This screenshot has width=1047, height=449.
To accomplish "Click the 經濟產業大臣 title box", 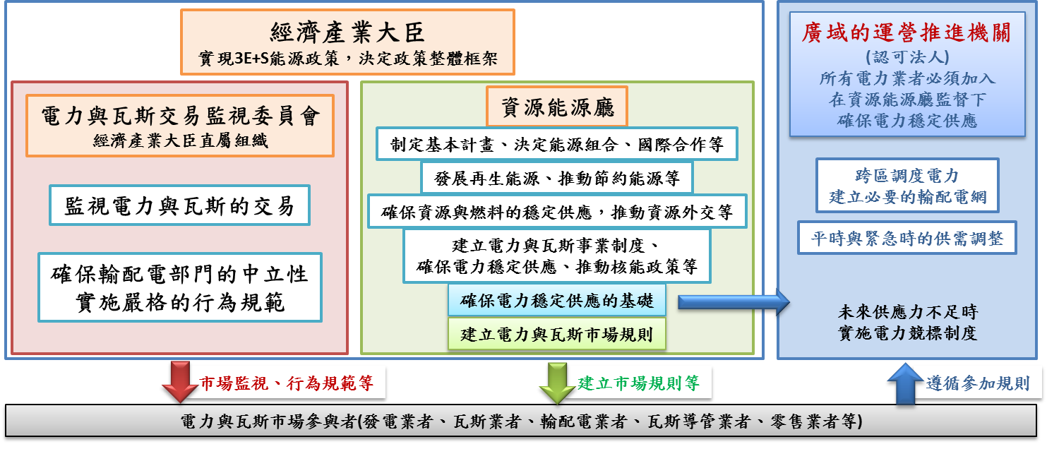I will (x=347, y=42).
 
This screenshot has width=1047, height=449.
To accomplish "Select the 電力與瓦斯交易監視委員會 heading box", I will (x=180, y=125).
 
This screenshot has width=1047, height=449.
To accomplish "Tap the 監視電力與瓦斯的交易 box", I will (x=179, y=205).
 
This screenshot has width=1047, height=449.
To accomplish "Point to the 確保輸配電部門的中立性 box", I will (x=179, y=287).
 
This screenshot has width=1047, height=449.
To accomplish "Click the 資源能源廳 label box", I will (x=557, y=107).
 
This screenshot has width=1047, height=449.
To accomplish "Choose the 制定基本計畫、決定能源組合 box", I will (x=556, y=144).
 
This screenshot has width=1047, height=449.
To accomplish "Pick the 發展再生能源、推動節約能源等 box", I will (x=556, y=178).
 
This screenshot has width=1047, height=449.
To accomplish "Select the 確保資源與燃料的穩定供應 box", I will (x=557, y=212).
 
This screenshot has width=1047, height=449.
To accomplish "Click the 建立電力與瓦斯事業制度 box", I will (x=556, y=256).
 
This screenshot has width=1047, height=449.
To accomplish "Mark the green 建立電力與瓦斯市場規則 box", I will (x=556, y=334).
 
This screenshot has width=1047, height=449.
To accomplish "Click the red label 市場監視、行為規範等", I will (x=286, y=384).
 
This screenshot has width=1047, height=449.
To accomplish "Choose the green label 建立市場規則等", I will (x=638, y=384).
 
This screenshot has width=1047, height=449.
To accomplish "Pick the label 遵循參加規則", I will (x=978, y=384).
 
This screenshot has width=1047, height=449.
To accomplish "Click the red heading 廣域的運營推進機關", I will (x=907, y=32).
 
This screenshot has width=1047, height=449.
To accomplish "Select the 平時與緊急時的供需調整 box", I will (x=907, y=238).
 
